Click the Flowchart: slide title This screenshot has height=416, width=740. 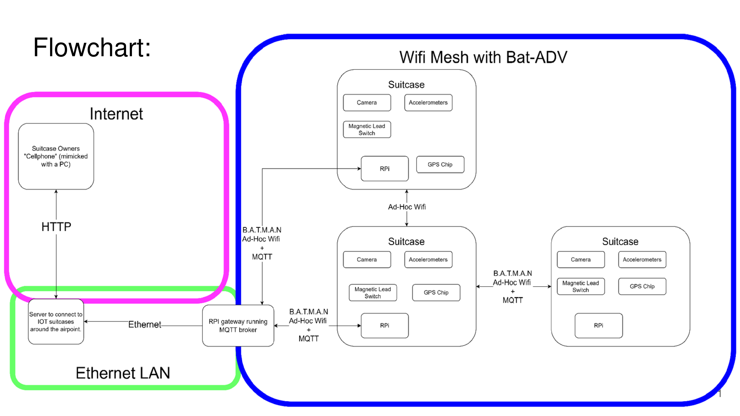92,47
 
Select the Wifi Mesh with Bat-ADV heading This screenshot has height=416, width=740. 483,57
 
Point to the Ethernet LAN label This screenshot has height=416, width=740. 123,373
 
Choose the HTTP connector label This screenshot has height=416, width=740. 56,227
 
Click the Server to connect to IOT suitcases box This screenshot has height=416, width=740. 56,322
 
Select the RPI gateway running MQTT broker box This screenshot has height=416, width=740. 238,326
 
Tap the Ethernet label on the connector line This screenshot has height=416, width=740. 145,325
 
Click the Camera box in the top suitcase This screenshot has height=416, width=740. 367,103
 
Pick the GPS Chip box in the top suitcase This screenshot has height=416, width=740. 440,164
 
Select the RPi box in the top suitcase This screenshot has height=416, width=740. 385,168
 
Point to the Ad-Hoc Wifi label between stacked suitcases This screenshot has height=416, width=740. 407,207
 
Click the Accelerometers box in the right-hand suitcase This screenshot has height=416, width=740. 642,259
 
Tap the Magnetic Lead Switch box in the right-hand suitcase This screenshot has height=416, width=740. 581,286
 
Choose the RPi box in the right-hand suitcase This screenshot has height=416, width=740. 599,326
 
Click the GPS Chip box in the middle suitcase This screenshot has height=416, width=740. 436,292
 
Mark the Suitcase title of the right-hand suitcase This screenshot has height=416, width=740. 620,241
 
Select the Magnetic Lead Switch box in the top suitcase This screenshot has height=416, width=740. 367,129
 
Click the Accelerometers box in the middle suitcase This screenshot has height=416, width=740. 428,259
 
